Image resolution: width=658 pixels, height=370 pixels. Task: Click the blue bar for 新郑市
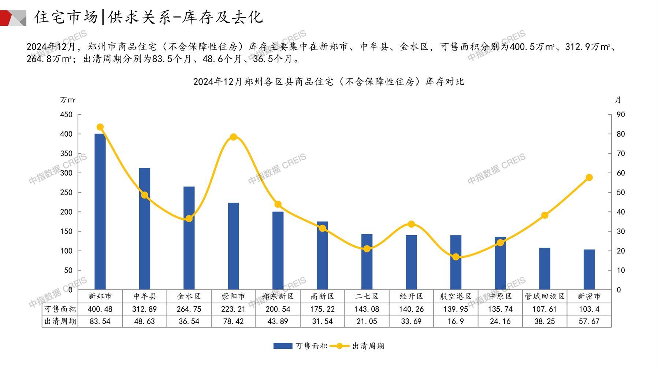pyautogui.click(x=100, y=211)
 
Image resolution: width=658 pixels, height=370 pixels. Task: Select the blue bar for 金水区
pyautogui.click(x=189, y=238)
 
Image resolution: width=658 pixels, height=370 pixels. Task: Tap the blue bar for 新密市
pyautogui.click(x=589, y=270)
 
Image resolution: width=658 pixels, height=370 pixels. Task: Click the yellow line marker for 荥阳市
pyautogui.click(x=234, y=137)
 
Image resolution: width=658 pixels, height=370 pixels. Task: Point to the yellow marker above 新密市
pyautogui.click(x=589, y=178)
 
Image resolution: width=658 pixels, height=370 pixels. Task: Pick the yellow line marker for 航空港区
pyautogui.click(x=456, y=257)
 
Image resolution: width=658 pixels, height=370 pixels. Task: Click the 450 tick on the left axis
pyautogui.click(x=66, y=115)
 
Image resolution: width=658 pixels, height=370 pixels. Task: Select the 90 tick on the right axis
pyautogui.click(x=621, y=115)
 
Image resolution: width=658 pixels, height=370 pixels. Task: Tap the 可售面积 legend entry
pyautogui.click(x=301, y=346)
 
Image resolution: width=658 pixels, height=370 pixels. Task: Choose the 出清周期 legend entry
pyautogui.click(x=357, y=346)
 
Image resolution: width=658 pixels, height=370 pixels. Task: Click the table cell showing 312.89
pyautogui.click(x=144, y=309)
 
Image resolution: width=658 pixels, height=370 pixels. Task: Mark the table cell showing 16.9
pyautogui.click(x=456, y=321)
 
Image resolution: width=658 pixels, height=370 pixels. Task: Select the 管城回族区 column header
pyautogui.click(x=544, y=296)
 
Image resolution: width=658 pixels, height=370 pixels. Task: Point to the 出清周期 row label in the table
pyautogui.click(x=60, y=321)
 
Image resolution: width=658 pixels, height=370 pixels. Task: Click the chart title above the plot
pyautogui.click(x=328, y=82)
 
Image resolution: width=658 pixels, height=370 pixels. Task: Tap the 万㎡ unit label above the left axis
pyautogui.click(x=68, y=100)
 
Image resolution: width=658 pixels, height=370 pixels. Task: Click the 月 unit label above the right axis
pyautogui.click(x=618, y=100)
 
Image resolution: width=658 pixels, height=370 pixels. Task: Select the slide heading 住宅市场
pyautogui.click(x=66, y=17)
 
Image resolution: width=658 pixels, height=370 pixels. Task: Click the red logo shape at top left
pyautogui.click(x=7, y=18)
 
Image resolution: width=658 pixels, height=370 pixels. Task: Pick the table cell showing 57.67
pyautogui.click(x=589, y=321)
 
